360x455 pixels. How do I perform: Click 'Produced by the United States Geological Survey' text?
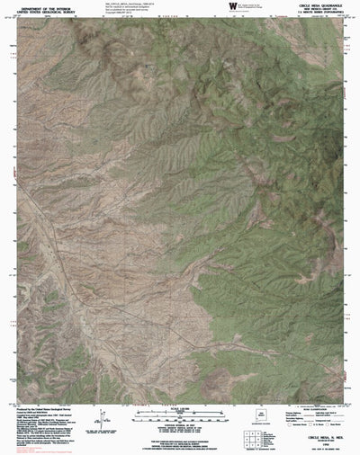45,406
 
